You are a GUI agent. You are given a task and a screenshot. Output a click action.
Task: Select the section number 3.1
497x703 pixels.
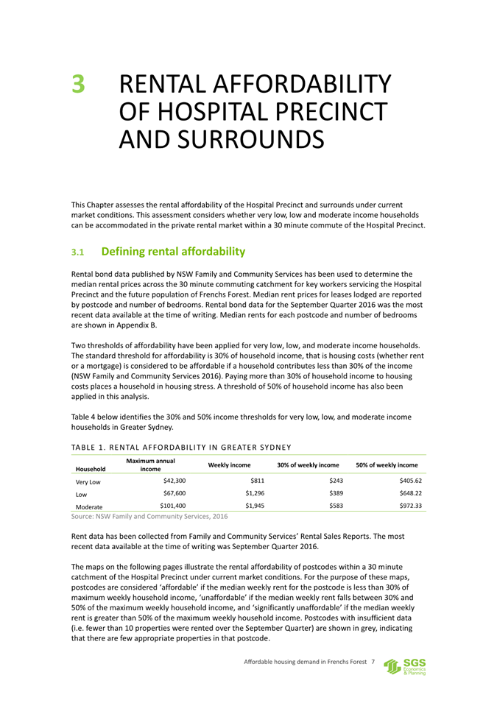tap(79, 252)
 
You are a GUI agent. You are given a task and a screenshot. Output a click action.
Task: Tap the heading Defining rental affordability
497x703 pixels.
tap(173, 252)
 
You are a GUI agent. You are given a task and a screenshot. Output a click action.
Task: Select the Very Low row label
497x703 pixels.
tap(88, 481)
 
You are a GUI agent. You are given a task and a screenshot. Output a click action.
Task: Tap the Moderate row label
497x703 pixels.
tap(89, 507)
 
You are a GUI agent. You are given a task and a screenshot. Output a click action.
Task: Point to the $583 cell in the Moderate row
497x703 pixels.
tap(336, 506)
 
